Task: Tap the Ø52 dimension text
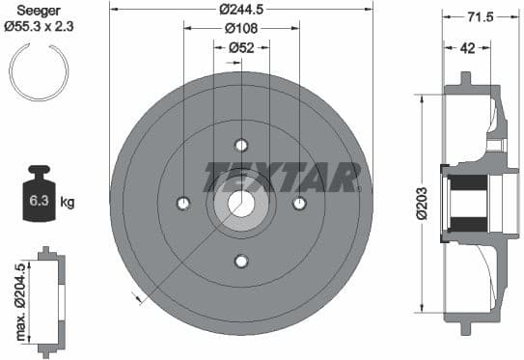(241, 47)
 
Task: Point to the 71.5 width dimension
(476, 18)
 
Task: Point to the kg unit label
(68, 203)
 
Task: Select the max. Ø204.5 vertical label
(18, 299)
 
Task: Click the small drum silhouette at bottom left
(48, 300)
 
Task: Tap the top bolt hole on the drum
(241, 146)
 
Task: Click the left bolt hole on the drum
(183, 203)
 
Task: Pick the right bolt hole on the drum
(299, 203)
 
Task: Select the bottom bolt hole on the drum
(241, 260)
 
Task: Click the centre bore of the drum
(241, 204)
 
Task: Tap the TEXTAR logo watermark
(281, 177)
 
